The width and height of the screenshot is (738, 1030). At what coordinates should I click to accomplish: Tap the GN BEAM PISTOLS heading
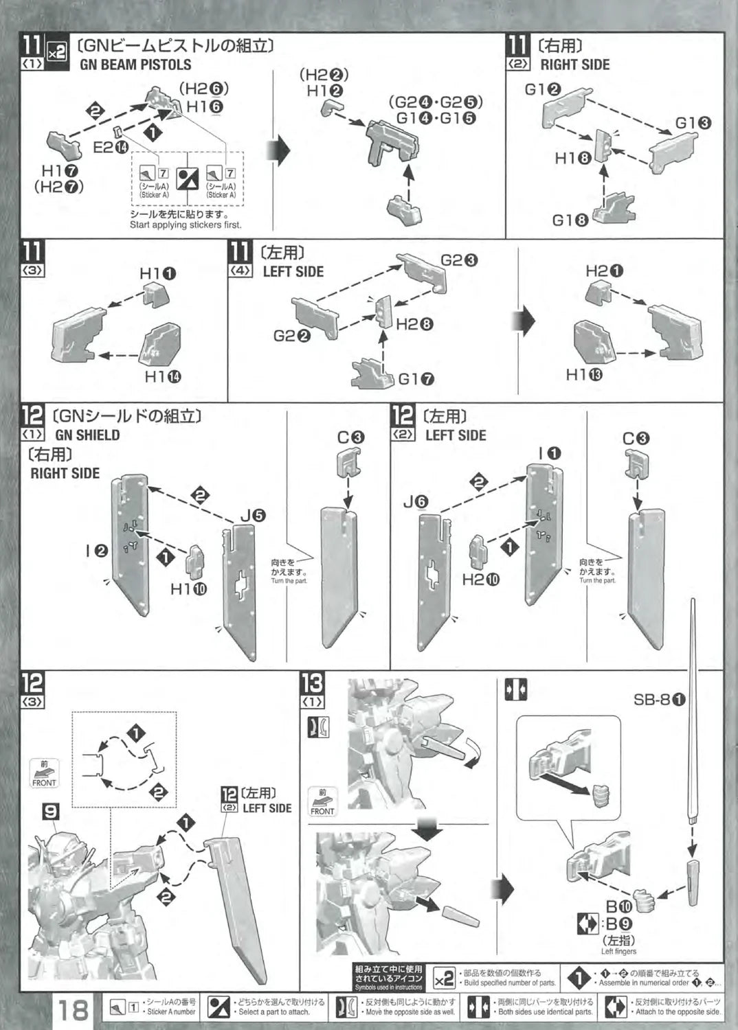coord(135,65)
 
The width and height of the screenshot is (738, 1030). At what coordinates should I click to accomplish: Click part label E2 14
coord(110,146)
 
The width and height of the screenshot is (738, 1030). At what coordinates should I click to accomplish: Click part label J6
coord(416,503)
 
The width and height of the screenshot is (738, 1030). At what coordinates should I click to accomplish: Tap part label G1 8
coord(570,220)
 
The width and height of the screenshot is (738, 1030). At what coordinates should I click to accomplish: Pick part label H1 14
coord(163,376)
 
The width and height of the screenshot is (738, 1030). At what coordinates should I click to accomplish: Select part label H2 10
coord(481,580)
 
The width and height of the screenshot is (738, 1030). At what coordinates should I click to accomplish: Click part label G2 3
coord(459,260)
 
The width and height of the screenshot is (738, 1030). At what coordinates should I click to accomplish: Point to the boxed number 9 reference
coord(50,812)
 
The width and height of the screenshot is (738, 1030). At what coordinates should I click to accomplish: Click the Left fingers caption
coord(618,951)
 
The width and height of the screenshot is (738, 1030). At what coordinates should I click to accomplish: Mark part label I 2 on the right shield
coord(97,550)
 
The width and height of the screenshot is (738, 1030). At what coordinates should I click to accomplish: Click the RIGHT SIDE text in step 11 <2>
coord(575,65)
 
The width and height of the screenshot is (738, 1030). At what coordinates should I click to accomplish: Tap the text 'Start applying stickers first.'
coord(186,225)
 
